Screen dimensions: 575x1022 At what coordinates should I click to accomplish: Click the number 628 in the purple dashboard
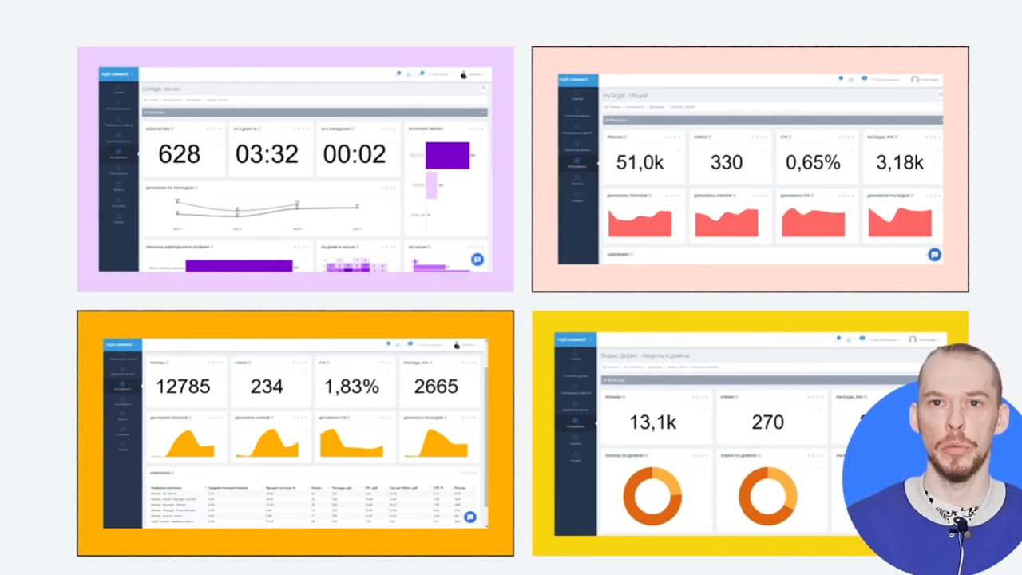(179, 154)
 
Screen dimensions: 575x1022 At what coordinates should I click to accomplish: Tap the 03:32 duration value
(267, 154)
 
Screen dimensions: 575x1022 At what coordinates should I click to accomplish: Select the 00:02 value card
(355, 154)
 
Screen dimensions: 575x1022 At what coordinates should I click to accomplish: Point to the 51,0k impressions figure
(640, 163)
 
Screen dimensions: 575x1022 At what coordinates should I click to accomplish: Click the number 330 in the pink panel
(727, 163)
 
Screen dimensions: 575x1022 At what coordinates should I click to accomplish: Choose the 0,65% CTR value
(813, 163)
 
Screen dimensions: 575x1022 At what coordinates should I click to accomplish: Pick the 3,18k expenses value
(900, 163)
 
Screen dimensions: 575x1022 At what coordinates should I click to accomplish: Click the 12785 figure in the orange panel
(183, 387)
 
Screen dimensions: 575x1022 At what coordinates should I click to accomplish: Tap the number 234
(267, 387)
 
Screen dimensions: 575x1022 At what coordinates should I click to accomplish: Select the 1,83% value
(351, 387)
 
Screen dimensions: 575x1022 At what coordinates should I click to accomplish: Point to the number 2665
(436, 387)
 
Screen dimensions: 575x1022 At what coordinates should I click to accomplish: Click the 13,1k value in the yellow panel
(652, 422)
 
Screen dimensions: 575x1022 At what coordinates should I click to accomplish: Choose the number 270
(767, 422)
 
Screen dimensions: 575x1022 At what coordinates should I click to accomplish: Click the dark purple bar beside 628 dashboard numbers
(447, 155)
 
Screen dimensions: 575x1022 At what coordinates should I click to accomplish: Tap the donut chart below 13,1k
(652, 496)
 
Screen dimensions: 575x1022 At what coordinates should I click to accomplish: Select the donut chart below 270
(767, 496)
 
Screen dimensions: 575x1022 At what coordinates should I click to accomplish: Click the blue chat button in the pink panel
(934, 255)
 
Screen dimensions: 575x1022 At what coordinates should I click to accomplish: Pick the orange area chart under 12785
(184, 444)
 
